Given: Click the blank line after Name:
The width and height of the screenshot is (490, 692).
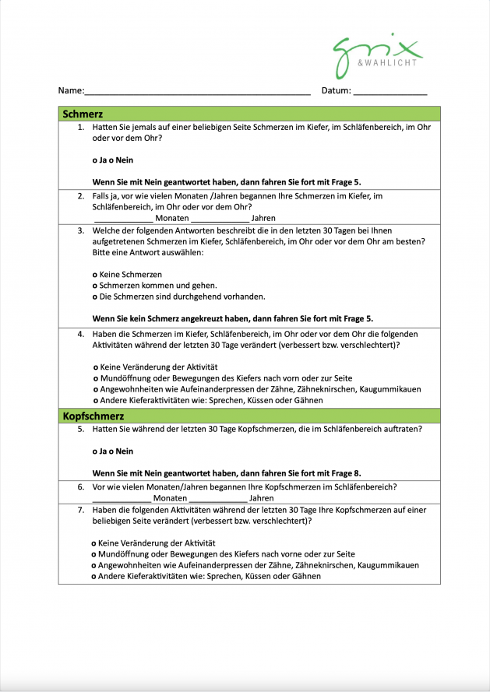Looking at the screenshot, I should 197,93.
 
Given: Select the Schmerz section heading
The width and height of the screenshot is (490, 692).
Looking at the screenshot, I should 83,114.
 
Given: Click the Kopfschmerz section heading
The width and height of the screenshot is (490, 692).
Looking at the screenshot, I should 93,416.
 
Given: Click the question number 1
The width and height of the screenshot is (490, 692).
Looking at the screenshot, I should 81,126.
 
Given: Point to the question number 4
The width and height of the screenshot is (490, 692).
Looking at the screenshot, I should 81,333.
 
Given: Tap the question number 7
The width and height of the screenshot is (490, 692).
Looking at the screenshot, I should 81,510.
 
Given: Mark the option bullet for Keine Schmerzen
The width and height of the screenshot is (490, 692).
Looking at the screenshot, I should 95,275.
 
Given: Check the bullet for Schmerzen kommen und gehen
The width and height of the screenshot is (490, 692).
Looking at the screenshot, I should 95,286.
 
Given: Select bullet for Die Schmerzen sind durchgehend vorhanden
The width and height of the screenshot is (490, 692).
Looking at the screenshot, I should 95,297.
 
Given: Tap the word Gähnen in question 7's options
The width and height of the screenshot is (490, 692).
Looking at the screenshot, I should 305,577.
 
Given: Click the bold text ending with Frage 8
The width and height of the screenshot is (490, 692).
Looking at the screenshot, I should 227,473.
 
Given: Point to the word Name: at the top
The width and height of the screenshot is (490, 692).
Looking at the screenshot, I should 70,91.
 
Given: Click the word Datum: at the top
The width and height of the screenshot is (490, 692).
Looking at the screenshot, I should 337,91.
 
